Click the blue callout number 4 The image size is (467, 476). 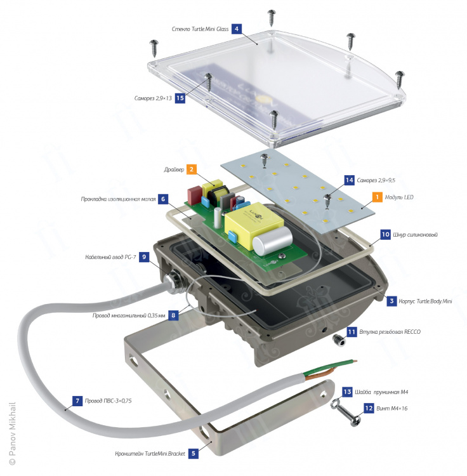click(237, 29)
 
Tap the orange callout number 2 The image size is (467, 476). click(191, 169)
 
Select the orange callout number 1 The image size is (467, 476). click(377, 197)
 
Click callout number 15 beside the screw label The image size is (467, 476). click(180, 98)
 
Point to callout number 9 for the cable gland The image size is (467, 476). click(144, 257)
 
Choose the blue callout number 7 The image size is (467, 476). click(77, 401)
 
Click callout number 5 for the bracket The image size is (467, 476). click(194, 454)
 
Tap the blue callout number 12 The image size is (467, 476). click(369, 408)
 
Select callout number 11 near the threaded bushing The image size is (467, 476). click(352, 332)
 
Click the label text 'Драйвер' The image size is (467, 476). click(174, 169)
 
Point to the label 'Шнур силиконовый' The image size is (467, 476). click(415, 235)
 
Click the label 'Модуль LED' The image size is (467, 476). click(399, 197)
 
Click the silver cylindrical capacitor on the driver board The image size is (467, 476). click(272, 241)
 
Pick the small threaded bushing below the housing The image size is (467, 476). click(339, 340)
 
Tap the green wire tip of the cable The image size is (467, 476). click(355, 361)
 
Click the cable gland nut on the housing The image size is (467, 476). click(172, 281)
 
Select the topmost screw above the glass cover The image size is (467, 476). click(272, 17)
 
